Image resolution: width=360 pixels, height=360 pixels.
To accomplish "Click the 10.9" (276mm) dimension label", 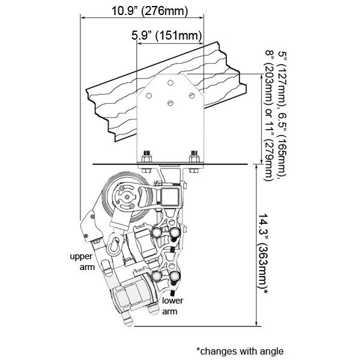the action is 149,11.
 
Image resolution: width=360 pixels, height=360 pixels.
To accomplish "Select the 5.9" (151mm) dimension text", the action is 167,35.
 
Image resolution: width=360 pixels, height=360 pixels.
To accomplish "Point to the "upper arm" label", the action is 82,262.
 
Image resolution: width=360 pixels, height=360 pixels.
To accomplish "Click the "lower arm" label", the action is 172,306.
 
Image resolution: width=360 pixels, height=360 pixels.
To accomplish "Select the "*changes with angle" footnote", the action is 240,351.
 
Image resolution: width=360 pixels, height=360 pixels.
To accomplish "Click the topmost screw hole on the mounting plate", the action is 170,83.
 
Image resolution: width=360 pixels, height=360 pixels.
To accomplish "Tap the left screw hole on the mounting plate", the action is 149,95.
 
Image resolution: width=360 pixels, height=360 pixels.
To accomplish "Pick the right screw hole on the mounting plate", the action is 192,95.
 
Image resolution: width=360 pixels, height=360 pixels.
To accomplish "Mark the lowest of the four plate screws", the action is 170,103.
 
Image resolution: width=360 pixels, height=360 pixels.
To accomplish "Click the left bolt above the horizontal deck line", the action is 146,157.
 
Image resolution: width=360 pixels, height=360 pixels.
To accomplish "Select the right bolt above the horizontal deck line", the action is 194,157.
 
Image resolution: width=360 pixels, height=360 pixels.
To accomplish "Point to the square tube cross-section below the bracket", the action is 169,197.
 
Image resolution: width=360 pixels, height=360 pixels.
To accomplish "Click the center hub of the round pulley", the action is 127,197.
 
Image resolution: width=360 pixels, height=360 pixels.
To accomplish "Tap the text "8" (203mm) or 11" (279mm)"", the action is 269,115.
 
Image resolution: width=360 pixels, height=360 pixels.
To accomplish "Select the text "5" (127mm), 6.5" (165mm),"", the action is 282,115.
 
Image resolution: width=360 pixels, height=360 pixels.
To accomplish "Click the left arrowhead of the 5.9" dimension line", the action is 139,43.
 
